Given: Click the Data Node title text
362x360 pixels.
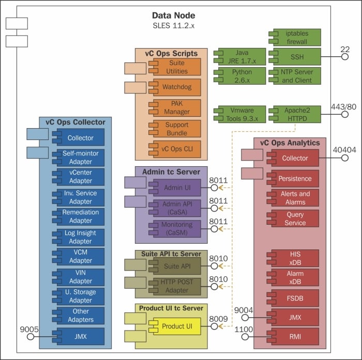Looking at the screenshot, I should click(x=173, y=15).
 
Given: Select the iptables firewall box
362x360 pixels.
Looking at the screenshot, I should click(x=296, y=37).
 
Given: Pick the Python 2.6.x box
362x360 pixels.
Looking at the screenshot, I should click(x=242, y=76).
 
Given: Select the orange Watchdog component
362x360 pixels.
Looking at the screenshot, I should click(x=176, y=87).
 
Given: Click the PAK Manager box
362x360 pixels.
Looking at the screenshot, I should click(x=176, y=107).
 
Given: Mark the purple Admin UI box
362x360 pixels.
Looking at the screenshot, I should click(x=176, y=188).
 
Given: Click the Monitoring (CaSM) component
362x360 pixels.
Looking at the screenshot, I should click(x=176, y=228).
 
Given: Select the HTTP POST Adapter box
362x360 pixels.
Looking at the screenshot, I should click(x=176, y=286).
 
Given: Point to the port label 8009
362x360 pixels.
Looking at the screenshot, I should click(x=218, y=318).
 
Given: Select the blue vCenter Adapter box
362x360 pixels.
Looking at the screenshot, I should click(x=80, y=177).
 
